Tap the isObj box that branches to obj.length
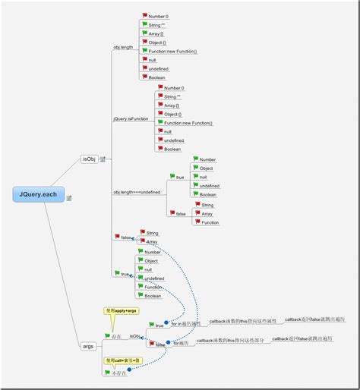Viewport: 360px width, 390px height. tap(90, 159)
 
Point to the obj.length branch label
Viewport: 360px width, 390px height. tap(123, 47)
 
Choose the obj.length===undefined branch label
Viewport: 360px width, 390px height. tap(137, 192)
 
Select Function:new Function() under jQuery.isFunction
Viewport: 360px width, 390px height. tap(188, 123)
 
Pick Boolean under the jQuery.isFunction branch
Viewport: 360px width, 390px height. tap(173, 149)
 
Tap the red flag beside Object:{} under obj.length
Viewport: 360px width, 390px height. tap(144, 42)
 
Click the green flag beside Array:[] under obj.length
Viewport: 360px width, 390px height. tap(144, 33)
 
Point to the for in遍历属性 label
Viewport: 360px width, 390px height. tap(186, 324)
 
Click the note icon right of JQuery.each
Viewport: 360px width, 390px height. tap(69, 198)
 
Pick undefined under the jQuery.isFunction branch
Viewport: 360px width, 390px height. tap(174, 140)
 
